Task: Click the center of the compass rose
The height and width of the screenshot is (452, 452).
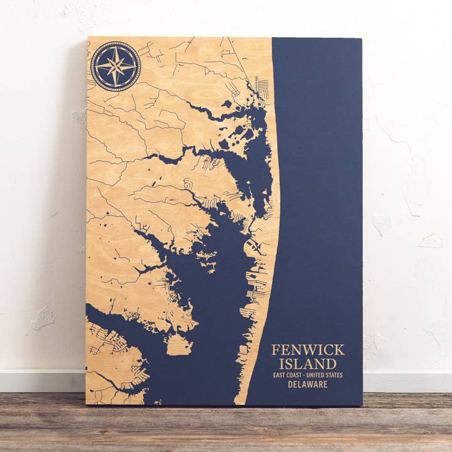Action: point(116,66)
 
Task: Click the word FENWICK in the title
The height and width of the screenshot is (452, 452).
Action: point(308,350)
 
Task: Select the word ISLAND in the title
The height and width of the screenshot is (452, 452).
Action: point(308,363)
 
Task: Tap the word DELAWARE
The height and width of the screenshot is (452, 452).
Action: point(308,384)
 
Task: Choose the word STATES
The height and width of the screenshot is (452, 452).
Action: point(335,375)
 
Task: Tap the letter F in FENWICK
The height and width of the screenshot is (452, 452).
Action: point(275,350)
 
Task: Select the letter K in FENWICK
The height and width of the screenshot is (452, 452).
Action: point(340,350)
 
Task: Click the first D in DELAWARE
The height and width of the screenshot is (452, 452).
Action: point(291,384)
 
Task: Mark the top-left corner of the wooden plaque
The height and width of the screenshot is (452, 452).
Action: point(88,37)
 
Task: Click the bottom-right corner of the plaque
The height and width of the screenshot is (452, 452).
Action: point(362,405)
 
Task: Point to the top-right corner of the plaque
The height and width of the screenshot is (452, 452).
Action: point(362,39)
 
